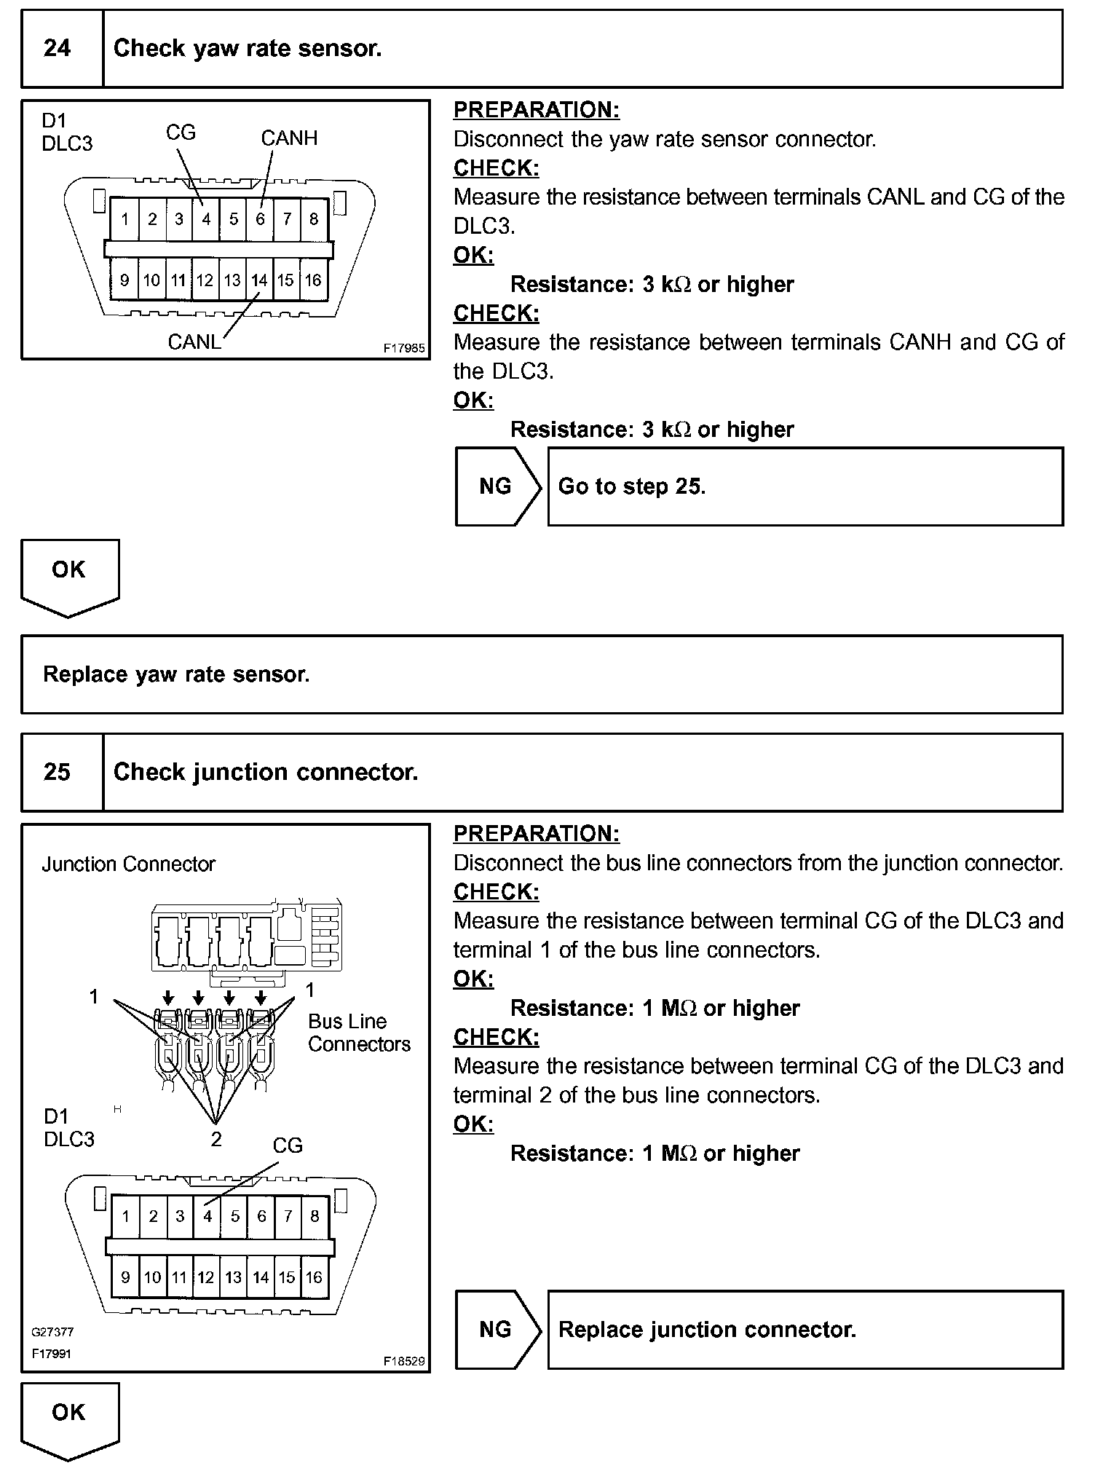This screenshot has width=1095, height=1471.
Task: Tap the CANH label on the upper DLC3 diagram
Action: point(289,138)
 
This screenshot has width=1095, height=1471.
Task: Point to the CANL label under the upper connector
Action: point(194,342)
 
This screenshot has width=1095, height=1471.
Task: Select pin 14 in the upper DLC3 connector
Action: point(259,280)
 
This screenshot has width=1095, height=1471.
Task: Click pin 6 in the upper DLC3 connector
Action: point(260,218)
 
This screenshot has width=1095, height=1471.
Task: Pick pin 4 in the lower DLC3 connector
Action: point(207,1216)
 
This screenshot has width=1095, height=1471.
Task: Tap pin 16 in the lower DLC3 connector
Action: point(314,1277)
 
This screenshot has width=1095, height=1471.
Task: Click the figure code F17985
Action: point(404,349)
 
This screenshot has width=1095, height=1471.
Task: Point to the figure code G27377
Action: point(52,1332)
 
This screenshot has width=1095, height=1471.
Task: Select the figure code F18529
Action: point(404,1360)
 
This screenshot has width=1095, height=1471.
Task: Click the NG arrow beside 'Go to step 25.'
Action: point(498,486)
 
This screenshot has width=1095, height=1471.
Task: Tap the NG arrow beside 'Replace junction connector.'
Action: point(498,1329)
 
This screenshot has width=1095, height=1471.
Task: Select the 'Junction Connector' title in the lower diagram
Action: point(129,864)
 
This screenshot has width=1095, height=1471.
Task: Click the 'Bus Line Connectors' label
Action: point(358,1033)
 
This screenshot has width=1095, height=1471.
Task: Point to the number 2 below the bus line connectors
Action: point(216,1140)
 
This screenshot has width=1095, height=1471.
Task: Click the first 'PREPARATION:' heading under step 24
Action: point(537,110)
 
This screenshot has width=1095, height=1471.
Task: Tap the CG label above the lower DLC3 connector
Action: point(288,1145)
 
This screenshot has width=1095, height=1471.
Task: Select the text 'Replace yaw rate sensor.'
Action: point(176,674)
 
